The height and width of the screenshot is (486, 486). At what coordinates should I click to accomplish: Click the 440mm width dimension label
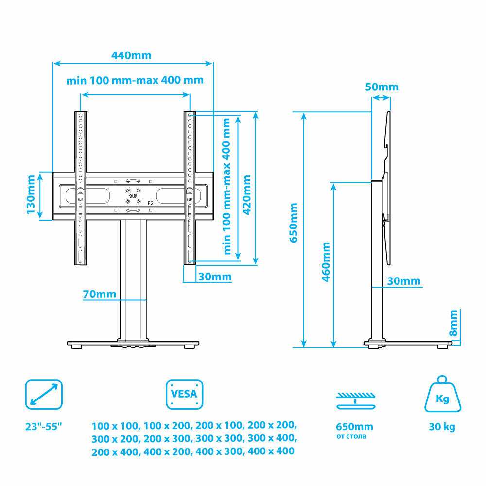point(131,55)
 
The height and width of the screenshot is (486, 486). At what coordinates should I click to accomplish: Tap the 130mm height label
point(31,195)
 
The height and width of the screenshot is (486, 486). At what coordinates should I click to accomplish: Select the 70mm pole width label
point(100,294)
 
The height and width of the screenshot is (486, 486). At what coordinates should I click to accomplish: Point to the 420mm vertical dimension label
point(247,195)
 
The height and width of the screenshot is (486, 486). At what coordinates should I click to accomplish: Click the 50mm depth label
point(382,87)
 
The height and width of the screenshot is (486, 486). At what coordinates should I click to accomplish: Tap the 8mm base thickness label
point(453,323)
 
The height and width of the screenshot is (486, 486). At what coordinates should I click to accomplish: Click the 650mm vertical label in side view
point(293,223)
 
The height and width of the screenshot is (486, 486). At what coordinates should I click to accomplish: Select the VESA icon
point(184,394)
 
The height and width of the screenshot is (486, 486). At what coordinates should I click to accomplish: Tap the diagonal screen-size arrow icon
point(44,394)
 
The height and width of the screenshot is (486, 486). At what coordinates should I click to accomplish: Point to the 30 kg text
point(442,427)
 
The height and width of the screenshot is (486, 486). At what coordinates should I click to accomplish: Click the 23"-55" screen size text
point(44,427)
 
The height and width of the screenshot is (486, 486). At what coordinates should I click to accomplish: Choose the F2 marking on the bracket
point(150,203)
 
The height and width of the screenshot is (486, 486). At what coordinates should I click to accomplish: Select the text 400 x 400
point(271,451)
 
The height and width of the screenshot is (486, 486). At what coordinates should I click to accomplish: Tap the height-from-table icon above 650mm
point(356,401)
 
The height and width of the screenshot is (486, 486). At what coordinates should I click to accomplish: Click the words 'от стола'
point(351,436)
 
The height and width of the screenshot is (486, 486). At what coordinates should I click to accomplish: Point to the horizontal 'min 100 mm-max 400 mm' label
point(135,80)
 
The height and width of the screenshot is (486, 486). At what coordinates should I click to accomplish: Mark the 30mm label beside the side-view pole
point(403,281)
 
